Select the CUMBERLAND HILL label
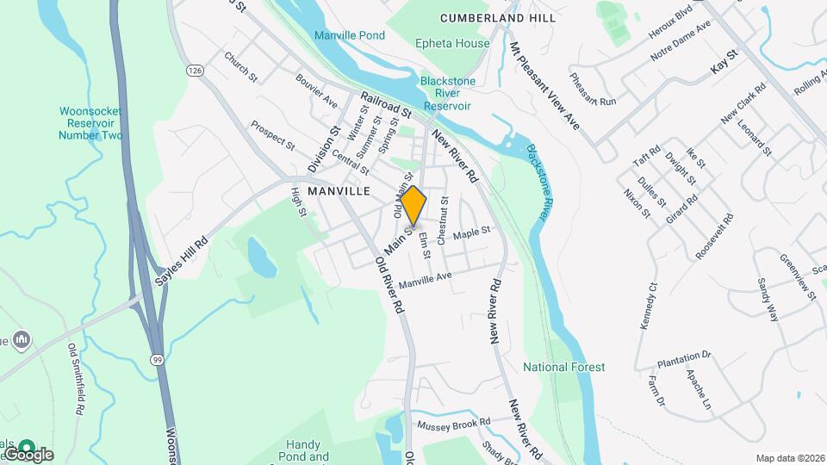pyautogui.click(x=498, y=17)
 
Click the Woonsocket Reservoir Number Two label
pyautogui.click(x=90, y=123)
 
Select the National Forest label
pyautogui.click(x=563, y=367)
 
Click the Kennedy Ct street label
pyautogui.click(x=648, y=305)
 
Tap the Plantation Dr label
pyautogui.click(x=683, y=354)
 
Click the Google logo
pyautogui.click(x=28, y=454)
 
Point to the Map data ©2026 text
pyautogui.click(x=789, y=458)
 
